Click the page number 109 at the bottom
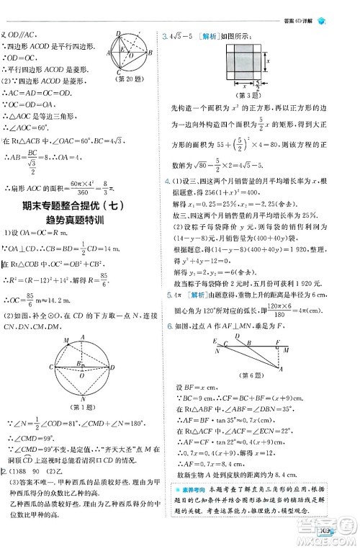click(x=326, y=534)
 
